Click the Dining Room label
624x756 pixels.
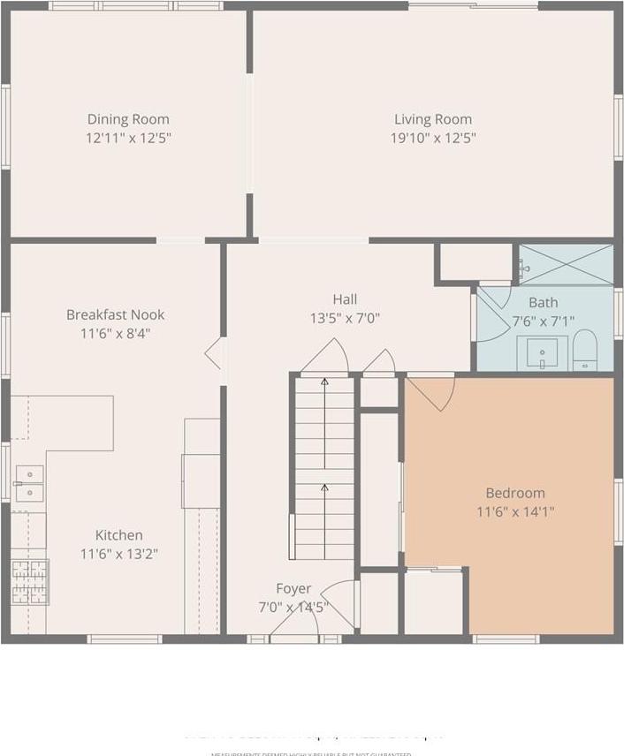128,119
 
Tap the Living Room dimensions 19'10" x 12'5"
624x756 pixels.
433,138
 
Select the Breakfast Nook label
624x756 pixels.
116,314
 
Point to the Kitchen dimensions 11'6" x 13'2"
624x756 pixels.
119,554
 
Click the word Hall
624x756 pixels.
345,299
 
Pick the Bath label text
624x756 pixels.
543,302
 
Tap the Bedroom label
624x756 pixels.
515,493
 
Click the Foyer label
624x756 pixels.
293,588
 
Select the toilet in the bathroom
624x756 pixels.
585,351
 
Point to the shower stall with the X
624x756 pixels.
567,264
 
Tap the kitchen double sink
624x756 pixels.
29,483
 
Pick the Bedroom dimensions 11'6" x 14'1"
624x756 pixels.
515,511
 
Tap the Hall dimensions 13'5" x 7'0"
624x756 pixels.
345,319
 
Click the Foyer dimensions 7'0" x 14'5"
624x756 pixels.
293,607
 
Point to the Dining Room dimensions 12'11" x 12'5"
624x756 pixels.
128,138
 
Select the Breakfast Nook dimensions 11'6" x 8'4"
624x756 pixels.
116,333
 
